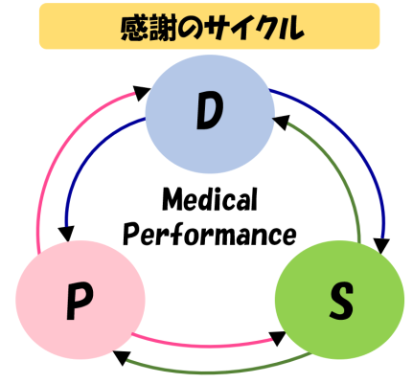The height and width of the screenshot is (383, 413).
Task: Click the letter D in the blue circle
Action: point(210,111)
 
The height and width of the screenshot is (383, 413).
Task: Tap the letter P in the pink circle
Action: point(80,302)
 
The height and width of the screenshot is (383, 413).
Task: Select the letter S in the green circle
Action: point(341,301)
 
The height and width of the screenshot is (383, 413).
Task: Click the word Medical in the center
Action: point(210,199)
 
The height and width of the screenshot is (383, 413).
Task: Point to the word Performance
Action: point(210,234)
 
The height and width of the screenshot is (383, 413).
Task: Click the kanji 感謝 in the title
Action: point(149,28)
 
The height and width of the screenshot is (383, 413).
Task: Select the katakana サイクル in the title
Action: point(255,28)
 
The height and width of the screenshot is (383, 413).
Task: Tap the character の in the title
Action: point(192,29)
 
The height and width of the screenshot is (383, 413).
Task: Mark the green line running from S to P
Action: point(211,371)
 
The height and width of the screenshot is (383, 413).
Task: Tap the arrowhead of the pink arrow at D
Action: point(141,92)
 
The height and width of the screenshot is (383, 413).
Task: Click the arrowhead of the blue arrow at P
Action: point(66,234)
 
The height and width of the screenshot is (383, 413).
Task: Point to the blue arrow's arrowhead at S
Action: point(382,246)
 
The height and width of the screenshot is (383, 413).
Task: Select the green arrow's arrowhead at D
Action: point(281,123)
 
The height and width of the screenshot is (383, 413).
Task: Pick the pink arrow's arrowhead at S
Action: point(277,338)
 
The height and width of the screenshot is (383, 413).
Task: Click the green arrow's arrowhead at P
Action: point(122,357)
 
